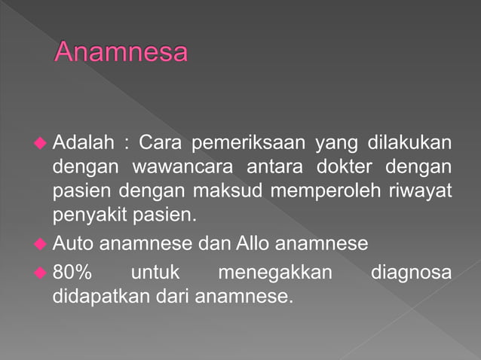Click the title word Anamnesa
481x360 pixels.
click(121, 53)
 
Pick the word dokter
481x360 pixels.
click(354, 166)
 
